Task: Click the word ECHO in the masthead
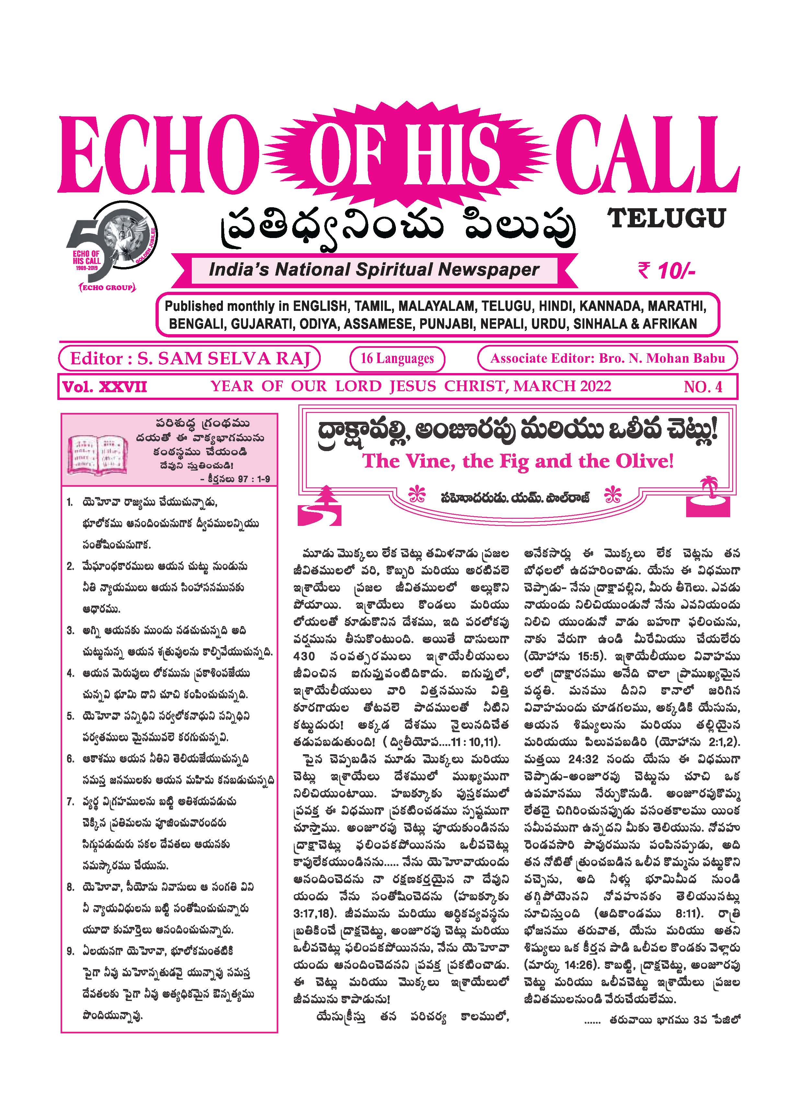pos(159,155)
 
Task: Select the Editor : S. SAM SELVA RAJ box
pos(190,358)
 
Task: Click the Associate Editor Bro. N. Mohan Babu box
pos(607,358)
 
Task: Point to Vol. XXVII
pos(104,387)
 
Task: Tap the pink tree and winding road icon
pos(320,506)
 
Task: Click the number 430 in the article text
pos(304,656)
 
